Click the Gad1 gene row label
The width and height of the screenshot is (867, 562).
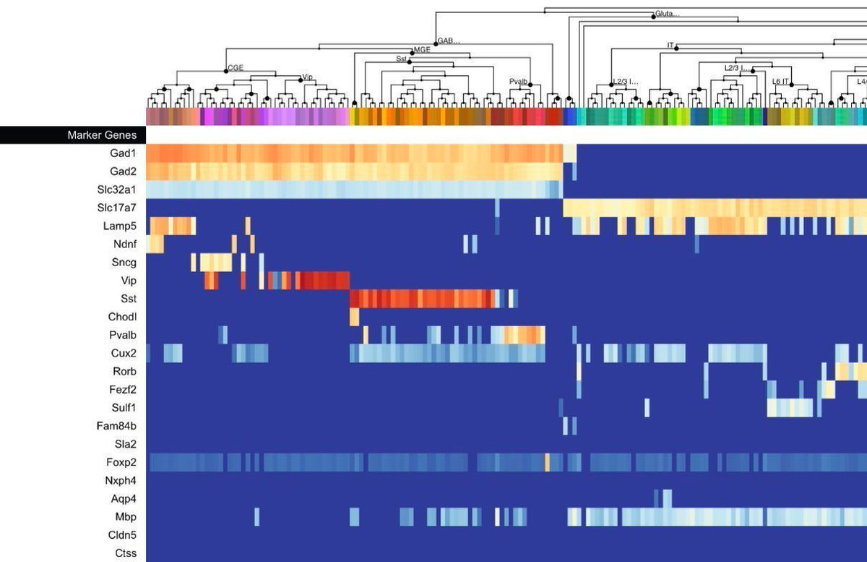(123, 153)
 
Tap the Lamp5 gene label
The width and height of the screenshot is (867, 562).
(119, 226)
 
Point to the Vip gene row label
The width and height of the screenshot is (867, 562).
(129, 281)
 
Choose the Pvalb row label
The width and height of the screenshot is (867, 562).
(122, 335)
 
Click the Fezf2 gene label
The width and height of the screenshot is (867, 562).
(122, 389)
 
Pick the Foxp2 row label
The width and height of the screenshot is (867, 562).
(121, 462)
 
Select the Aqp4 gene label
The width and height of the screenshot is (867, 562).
(124, 498)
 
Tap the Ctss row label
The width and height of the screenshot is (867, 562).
(126, 553)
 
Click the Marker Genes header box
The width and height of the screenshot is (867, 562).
(72, 135)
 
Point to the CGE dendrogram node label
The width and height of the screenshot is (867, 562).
(236, 68)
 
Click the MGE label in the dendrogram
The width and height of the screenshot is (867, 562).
(421, 51)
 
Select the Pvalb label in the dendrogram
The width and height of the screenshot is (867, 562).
(518, 82)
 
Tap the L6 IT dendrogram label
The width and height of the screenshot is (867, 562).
(781, 82)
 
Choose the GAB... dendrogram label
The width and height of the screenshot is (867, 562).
(449, 41)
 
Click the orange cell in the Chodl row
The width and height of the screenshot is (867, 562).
(355, 317)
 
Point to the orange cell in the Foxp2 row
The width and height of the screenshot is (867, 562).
(547, 462)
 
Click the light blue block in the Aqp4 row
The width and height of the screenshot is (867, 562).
(666, 498)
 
